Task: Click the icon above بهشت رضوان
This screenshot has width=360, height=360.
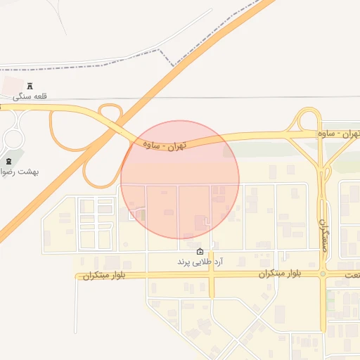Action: [x=8, y=161]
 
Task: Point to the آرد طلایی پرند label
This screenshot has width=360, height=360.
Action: [x=200, y=262]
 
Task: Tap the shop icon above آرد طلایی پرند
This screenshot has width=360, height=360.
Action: [x=200, y=251]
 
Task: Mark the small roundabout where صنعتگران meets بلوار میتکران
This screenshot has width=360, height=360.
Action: [x=323, y=274]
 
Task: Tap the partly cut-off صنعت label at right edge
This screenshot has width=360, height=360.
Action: [x=352, y=273]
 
